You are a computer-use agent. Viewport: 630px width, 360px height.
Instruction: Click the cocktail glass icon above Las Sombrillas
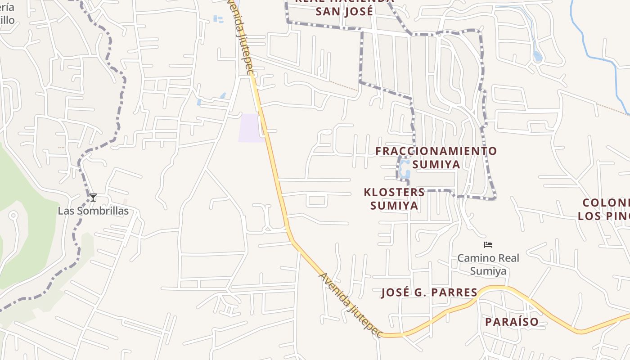(93, 197)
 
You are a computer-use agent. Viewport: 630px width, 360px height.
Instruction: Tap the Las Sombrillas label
(93, 211)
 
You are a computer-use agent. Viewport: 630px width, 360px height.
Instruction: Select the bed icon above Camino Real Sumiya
(488, 245)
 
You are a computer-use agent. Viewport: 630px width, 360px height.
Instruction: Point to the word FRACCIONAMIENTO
(436, 151)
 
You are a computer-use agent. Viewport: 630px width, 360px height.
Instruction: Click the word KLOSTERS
(394, 193)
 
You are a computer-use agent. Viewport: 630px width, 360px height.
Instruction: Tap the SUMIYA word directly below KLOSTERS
(394, 206)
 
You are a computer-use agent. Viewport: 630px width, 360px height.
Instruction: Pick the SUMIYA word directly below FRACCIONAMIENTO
(436, 164)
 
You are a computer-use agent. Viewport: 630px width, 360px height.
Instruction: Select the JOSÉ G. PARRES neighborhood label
(429, 292)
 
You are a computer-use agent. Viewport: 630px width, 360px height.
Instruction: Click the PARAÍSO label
(512, 322)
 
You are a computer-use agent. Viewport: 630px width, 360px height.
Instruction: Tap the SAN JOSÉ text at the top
(344, 11)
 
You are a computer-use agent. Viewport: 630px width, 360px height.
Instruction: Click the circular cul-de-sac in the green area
(13, 216)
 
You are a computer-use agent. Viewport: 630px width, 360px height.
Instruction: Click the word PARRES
(455, 292)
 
